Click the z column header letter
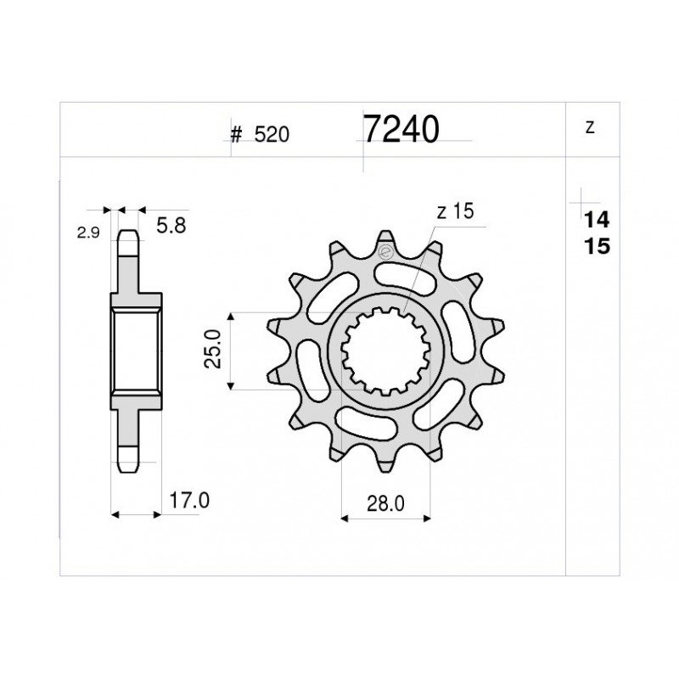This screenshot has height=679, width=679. coord(589,129)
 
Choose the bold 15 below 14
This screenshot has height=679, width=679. coord(596,247)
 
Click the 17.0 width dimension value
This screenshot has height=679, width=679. coord(188,502)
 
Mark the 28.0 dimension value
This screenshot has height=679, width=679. coord(385,502)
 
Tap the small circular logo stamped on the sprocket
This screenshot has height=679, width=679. coord(384,252)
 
